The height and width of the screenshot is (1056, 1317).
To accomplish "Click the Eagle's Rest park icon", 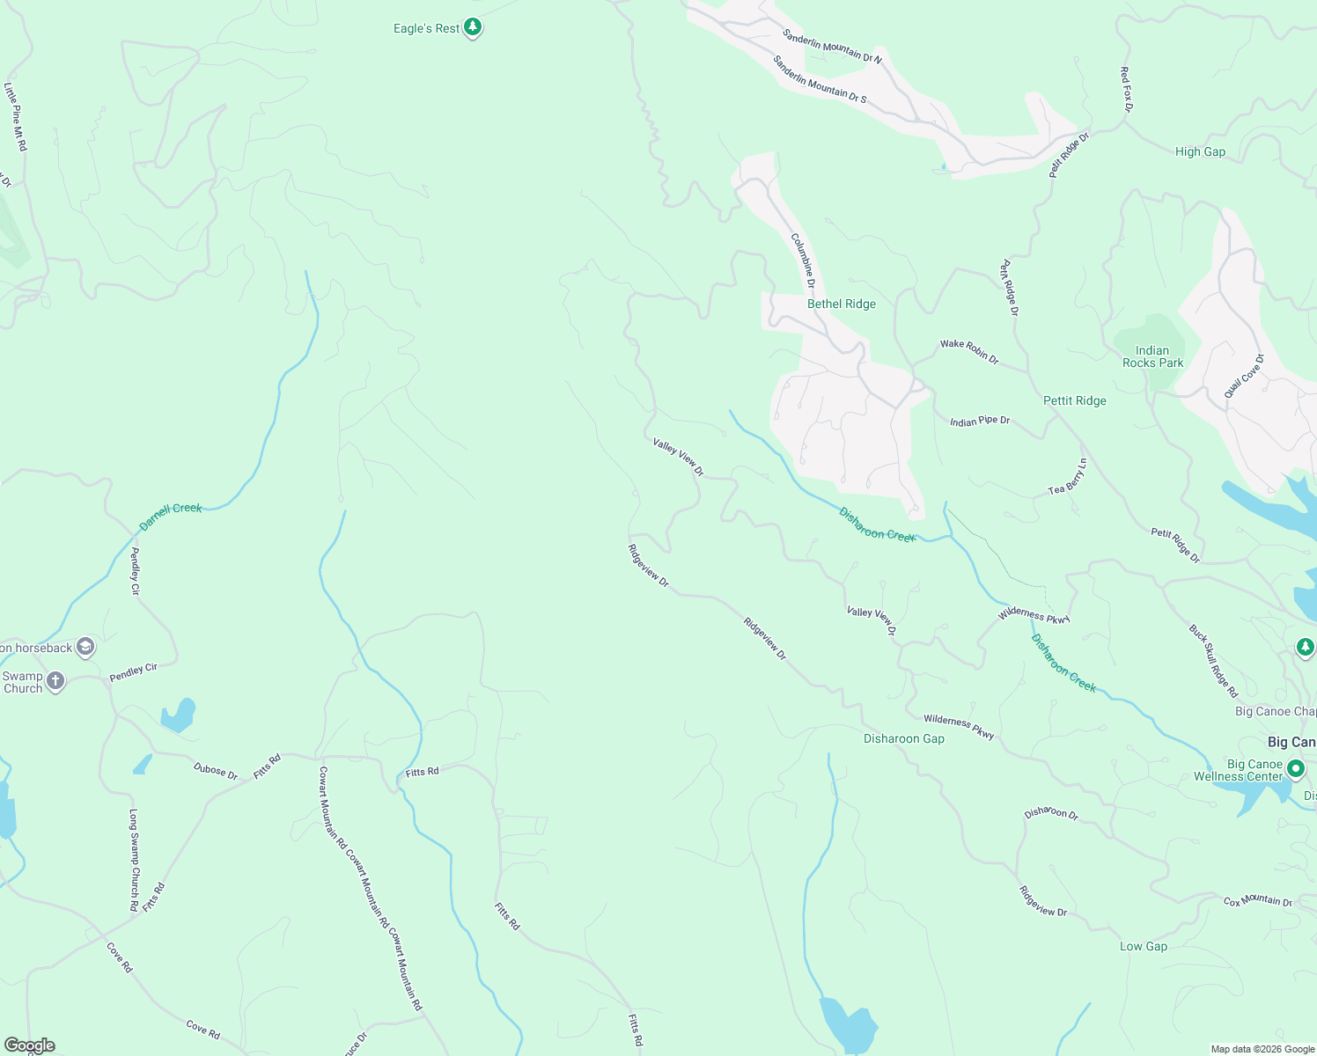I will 473,28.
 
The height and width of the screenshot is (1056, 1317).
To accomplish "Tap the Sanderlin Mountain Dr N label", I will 832,46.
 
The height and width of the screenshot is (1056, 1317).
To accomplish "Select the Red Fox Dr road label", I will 1125,90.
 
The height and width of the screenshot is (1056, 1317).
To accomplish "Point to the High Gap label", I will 1200,151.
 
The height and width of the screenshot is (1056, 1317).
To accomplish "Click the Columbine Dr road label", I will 803,260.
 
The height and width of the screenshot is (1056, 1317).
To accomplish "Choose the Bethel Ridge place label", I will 841,304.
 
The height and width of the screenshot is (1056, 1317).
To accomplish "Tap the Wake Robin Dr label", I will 969,351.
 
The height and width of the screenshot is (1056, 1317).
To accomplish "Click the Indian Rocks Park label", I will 1152,356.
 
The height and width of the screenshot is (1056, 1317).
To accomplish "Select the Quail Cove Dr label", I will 1244,376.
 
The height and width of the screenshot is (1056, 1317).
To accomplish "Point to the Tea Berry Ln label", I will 1068,477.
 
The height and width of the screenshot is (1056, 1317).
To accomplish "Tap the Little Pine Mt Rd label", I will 16,117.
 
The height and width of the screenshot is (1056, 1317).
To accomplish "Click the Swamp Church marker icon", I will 55,681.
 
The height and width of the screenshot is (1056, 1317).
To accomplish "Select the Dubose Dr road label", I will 216,771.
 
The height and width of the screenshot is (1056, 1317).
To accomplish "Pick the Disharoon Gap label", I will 903,739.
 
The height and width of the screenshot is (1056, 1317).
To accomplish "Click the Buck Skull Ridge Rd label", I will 1213,661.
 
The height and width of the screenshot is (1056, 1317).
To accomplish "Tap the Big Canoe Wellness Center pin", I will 1295,769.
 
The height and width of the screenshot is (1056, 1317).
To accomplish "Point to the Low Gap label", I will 1143,947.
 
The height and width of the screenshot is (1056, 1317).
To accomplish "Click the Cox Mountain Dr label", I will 1257,901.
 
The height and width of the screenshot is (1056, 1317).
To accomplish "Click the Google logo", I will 30,1045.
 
